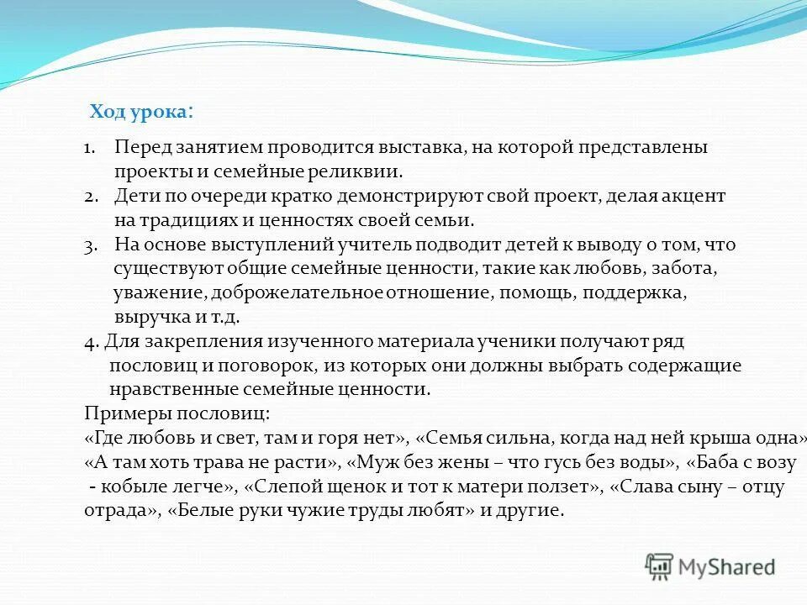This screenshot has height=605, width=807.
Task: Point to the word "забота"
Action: pos(685,270)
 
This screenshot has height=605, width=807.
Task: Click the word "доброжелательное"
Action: pos(298,294)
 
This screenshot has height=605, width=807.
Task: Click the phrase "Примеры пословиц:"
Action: pos(177,414)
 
